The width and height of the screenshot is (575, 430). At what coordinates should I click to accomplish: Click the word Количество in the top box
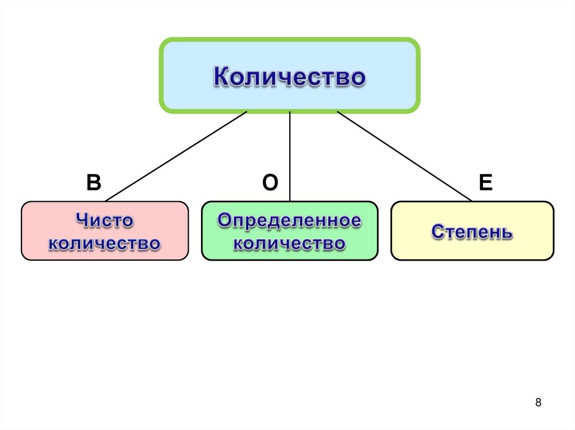(289, 77)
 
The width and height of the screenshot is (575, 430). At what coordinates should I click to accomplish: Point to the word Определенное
(289, 220)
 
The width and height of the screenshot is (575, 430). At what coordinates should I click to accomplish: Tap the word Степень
(472, 232)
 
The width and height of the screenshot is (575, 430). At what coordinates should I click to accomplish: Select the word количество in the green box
(289, 244)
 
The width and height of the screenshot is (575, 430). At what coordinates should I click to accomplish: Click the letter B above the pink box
(93, 183)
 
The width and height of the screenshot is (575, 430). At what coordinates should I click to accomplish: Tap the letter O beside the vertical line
(270, 183)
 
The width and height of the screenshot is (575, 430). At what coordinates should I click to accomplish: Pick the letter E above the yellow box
(485, 183)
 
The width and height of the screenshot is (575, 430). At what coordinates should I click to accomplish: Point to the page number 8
(539, 403)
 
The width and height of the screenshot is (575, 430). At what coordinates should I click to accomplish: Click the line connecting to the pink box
(176, 155)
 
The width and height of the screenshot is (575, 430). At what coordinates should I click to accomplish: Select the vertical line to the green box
(289, 157)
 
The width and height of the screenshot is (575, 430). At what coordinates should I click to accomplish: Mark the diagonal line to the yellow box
(404, 155)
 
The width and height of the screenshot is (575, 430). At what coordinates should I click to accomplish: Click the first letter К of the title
(220, 77)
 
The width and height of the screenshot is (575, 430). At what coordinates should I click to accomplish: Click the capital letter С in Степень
(437, 232)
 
